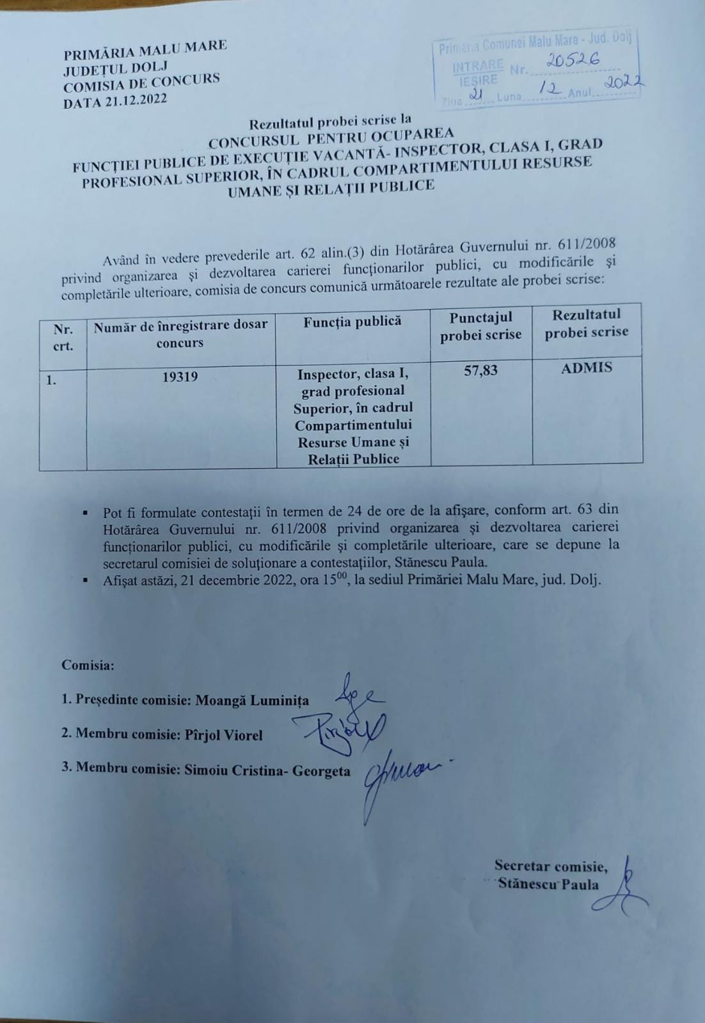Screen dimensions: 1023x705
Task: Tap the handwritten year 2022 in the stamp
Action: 624,82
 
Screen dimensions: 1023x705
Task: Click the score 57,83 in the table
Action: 480,370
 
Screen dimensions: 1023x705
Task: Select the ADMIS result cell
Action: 586,368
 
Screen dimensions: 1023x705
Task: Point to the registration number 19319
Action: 180,377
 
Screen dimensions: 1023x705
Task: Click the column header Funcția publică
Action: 352,322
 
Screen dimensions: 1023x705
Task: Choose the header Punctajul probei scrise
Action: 480,326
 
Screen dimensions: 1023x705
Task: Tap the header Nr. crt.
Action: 63,338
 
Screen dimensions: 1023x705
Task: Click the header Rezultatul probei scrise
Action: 587,323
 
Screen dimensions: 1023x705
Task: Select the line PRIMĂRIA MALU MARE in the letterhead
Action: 145,50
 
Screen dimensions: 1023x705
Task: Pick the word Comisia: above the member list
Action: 88,665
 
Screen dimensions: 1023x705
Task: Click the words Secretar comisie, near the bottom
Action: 551,866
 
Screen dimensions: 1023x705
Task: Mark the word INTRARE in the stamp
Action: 478,66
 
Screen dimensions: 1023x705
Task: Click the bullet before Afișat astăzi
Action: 85,581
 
